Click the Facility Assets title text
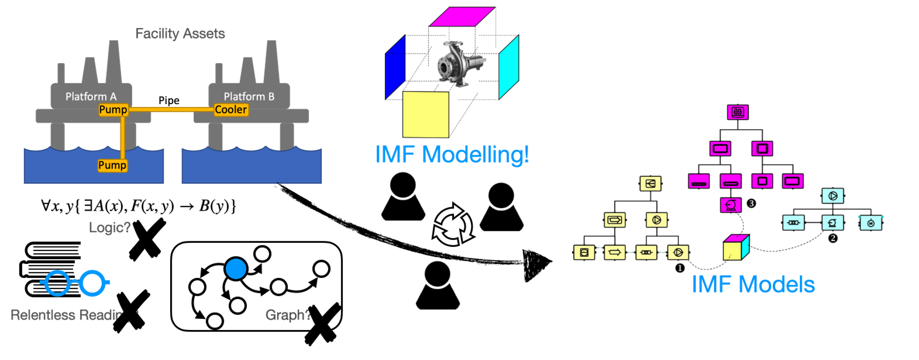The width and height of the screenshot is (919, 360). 180,34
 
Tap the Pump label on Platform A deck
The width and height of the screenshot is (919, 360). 113,110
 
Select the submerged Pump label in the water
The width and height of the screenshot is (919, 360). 112,165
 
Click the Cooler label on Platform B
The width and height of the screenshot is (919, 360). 231,110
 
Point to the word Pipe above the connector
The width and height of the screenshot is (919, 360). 169,100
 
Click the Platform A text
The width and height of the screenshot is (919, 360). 91,96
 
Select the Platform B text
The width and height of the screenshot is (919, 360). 249,96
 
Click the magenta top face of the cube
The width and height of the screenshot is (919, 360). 462,17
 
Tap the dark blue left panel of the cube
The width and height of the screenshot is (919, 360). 395,68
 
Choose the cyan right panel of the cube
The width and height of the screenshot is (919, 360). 509,68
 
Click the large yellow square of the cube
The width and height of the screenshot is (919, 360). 425,114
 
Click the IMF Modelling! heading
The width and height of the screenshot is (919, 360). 451,154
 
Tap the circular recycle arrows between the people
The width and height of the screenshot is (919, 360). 452,225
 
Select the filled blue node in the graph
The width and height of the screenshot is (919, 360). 236,269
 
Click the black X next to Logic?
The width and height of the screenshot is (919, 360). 148,239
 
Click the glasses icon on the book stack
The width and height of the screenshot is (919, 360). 75,283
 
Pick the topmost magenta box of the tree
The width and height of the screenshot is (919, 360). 737,112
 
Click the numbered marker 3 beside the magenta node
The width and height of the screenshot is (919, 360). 751,203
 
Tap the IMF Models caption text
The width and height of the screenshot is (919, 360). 753,284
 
